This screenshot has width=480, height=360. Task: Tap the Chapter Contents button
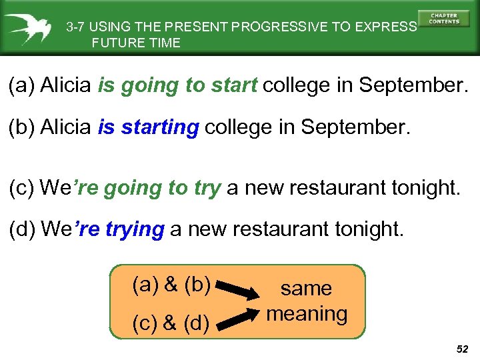point(443,19)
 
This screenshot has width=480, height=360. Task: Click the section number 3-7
point(76,27)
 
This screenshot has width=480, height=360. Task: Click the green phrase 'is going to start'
point(177,86)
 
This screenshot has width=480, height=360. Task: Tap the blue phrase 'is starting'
point(148,127)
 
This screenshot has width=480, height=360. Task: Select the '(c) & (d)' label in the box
point(172,323)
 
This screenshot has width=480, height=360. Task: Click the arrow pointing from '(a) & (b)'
point(240,291)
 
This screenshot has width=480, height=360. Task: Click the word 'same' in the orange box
point(306,288)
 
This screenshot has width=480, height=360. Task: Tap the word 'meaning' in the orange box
point(307,313)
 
